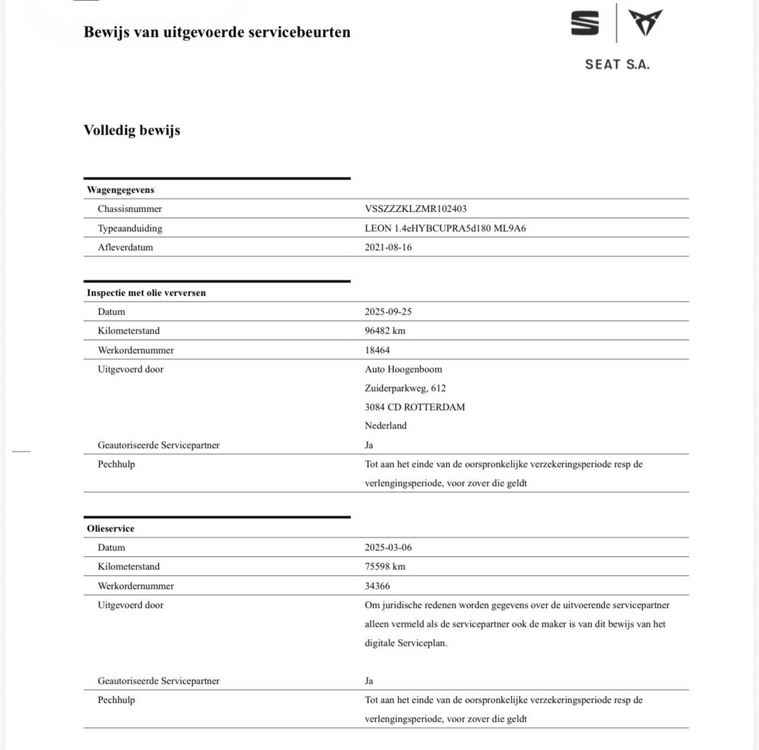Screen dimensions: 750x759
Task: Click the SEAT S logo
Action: (x=585, y=23)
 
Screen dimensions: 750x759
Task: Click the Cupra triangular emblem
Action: (x=645, y=23)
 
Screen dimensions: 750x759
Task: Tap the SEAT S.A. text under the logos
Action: (x=617, y=64)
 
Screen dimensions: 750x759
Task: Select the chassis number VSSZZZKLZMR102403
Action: (x=415, y=209)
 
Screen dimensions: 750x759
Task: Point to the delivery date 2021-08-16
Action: (x=388, y=247)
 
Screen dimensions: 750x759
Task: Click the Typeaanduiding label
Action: (x=130, y=229)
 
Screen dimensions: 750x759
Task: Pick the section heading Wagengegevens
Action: (x=121, y=190)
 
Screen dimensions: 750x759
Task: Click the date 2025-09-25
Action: (x=388, y=312)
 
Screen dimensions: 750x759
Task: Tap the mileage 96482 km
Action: (x=385, y=331)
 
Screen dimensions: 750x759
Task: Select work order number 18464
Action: (x=377, y=350)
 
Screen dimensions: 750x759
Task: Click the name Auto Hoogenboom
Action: (x=403, y=369)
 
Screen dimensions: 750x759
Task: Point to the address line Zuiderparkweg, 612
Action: (x=405, y=388)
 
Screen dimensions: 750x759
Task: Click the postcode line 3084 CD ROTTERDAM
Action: (x=415, y=407)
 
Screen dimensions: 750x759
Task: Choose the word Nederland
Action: (x=385, y=426)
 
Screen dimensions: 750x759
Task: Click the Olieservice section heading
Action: (x=111, y=529)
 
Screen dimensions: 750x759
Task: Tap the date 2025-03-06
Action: (x=388, y=548)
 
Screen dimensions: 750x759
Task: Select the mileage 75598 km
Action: (x=385, y=567)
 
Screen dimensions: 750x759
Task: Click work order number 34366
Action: (x=377, y=586)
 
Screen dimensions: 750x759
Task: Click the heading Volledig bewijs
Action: (x=132, y=130)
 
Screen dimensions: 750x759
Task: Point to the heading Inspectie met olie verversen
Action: (x=146, y=293)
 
